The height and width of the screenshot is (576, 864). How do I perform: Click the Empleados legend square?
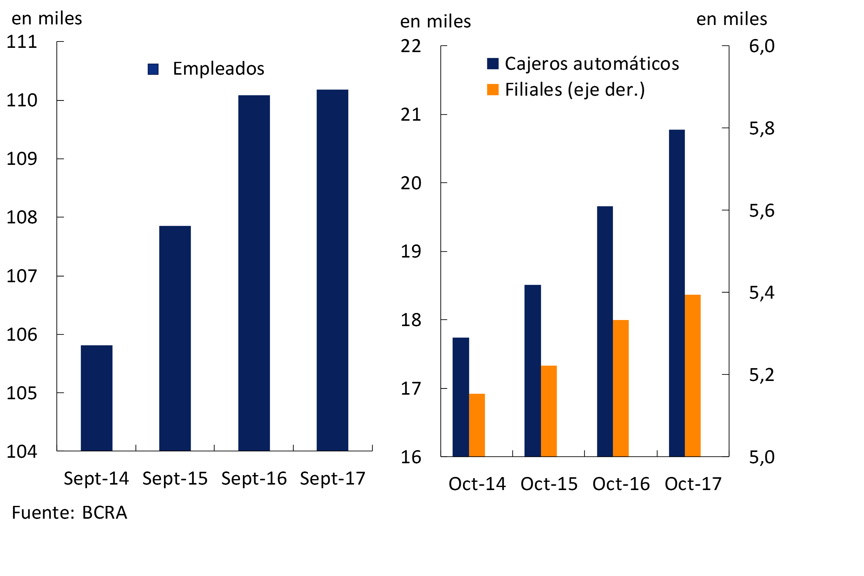point(153,69)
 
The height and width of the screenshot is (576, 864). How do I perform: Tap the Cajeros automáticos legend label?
point(592,64)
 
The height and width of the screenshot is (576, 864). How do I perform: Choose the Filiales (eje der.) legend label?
point(574,90)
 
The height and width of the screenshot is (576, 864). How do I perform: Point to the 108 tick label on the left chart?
point(22,218)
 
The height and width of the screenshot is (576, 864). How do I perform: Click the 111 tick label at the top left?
point(22,42)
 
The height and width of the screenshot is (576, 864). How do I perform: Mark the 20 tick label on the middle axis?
point(411,183)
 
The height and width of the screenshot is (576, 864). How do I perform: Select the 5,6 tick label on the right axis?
point(762,211)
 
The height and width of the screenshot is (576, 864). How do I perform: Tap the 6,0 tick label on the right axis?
point(762,46)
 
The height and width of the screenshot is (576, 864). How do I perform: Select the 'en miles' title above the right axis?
point(731,19)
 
